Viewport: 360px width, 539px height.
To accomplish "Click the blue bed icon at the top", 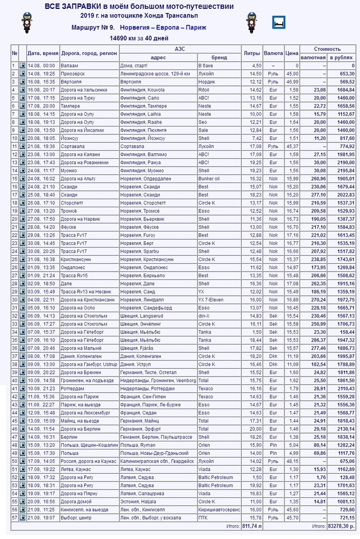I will (x=278, y=22).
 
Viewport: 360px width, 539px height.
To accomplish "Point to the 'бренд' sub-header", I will (x=219, y=58).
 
